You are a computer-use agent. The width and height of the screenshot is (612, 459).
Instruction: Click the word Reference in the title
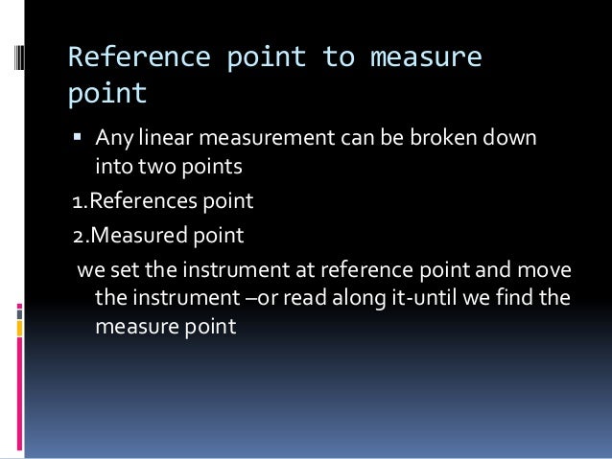[124, 58]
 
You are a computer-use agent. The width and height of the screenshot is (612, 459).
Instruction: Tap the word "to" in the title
[339, 58]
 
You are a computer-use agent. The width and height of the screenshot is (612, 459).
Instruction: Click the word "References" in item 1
[140, 203]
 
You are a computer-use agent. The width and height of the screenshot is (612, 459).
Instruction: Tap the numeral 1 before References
[77, 203]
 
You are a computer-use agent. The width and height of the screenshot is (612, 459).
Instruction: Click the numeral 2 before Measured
[77, 236]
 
